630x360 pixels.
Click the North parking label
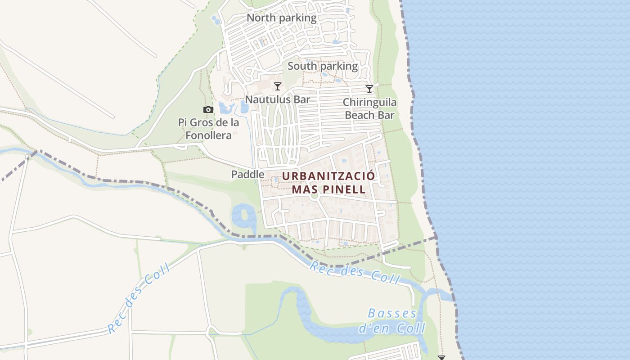(x=282, y=18)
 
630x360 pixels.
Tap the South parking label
(x=323, y=66)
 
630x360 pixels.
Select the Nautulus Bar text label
(x=278, y=99)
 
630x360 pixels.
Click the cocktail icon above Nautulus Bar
(x=278, y=86)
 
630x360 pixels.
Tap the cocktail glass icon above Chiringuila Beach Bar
(x=369, y=89)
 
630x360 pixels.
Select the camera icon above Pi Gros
(x=208, y=109)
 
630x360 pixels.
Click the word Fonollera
(x=208, y=135)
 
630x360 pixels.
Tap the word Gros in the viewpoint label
(x=204, y=122)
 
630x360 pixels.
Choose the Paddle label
(x=247, y=174)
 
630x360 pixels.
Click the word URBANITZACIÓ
(x=328, y=176)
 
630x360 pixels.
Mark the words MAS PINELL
(x=328, y=189)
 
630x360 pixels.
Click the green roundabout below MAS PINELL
(x=315, y=196)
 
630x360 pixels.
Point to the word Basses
(x=392, y=313)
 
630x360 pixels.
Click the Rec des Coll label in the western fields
(x=139, y=298)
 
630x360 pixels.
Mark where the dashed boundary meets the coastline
(x=436, y=237)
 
